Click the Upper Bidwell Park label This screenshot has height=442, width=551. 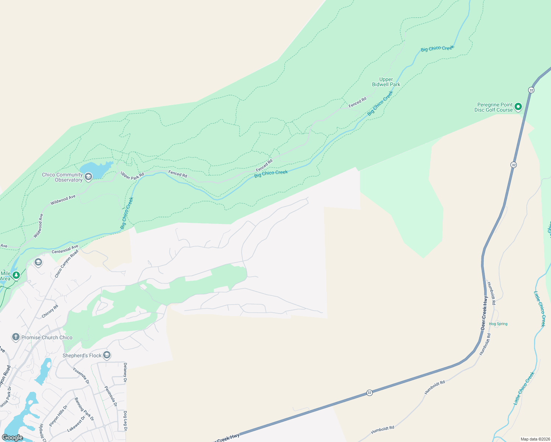point(386,82)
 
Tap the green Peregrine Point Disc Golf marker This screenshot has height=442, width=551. point(518,107)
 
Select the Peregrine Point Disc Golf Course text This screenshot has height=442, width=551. point(494,107)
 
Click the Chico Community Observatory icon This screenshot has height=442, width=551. point(88,177)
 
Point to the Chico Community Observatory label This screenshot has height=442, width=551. point(62,177)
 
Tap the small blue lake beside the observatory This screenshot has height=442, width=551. point(94,170)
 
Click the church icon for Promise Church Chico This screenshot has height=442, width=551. point(15,337)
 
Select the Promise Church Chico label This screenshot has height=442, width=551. point(47,337)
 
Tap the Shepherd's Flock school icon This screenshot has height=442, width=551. point(107,355)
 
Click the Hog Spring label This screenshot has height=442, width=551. point(498,324)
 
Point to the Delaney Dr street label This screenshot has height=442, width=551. point(125,372)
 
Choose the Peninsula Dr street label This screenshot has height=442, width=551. point(110,396)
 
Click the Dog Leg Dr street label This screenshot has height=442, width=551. point(125,421)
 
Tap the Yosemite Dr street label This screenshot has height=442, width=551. point(81,376)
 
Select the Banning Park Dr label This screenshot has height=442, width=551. point(84,409)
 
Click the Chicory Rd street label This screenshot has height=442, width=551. point(50,311)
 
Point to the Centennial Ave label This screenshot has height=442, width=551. point(65,249)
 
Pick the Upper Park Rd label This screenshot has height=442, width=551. point(132,176)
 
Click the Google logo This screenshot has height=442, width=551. point(12,438)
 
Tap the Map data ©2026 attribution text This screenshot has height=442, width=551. point(534,439)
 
